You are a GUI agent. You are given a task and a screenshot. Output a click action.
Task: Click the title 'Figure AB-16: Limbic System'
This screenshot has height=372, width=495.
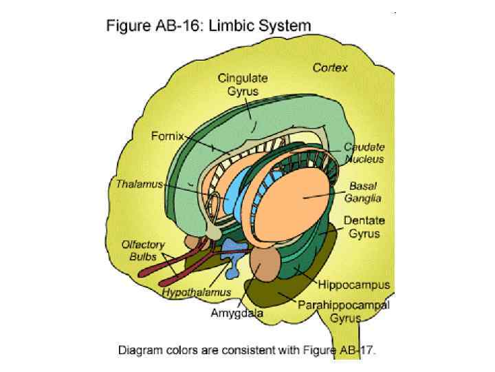pyautogui.click(x=208, y=26)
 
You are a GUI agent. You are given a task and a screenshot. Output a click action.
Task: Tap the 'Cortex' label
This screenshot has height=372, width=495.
pyautogui.click(x=330, y=68)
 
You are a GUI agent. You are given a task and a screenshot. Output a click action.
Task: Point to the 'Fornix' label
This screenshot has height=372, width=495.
pyautogui.click(x=167, y=136)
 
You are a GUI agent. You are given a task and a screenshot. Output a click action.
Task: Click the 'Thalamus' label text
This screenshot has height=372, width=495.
pyautogui.click(x=139, y=184)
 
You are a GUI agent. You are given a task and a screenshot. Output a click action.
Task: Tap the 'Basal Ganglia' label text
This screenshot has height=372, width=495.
pyautogui.click(x=365, y=192)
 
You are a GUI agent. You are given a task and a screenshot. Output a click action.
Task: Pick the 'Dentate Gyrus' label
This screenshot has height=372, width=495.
pyautogui.click(x=364, y=227)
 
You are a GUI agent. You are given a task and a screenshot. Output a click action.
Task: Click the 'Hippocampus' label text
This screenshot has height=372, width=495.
pyautogui.click(x=353, y=284)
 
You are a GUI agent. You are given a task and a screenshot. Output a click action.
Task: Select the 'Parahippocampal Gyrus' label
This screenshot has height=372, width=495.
pyautogui.click(x=344, y=311)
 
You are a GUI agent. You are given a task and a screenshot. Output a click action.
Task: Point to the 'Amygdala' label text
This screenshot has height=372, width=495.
pyautogui.click(x=236, y=313)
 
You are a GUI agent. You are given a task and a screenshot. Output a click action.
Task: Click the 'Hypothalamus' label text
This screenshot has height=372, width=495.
pyautogui.click(x=197, y=293)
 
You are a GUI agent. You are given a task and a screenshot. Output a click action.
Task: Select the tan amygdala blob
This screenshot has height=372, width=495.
pyautogui.click(x=265, y=265)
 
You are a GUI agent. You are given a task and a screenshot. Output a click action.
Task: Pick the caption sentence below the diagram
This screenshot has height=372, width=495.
pyautogui.click(x=247, y=351)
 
